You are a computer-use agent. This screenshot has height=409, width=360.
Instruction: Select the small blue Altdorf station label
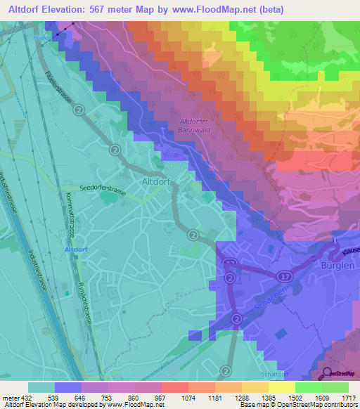tap(76, 249)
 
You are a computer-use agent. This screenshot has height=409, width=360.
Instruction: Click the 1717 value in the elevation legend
tap(349, 398)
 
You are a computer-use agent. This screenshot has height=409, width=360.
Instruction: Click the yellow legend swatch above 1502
tap(282, 387)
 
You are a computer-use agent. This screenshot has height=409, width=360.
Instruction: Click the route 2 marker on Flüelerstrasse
tap(79, 110)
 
